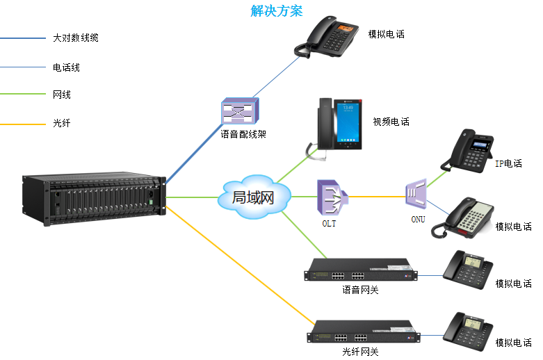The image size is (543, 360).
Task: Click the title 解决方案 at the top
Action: [x=276, y=11]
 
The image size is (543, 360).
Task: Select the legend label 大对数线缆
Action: [x=76, y=38]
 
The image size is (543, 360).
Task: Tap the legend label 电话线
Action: [x=67, y=67]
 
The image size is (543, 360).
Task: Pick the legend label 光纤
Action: [x=62, y=122]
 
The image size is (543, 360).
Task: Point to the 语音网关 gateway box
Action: [x=361, y=270]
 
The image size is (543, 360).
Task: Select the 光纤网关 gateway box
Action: [x=361, y=332]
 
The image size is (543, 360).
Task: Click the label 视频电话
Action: [x=391, y=122]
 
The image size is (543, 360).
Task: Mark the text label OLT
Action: [x=330, y=224]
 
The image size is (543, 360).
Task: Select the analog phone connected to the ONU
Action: [x=464, y=220]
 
